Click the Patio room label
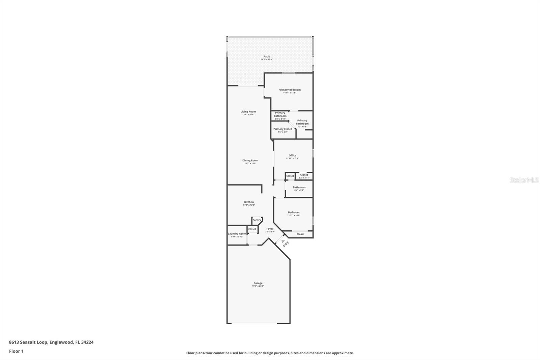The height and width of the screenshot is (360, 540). tap(267, 56)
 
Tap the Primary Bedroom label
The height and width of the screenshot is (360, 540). tap(290, 90)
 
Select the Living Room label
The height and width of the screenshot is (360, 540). tap(248, 111)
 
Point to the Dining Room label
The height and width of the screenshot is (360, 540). tap(250, 160)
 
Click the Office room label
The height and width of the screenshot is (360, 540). tap(292, 155)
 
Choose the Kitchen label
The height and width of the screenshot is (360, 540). tap(249, 202)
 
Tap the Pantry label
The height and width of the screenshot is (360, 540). tap(257, 220)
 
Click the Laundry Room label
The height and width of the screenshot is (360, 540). tap(237, 234)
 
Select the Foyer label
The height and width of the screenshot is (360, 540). tap(270, 229)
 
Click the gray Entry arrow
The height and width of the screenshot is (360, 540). tap(283, 241)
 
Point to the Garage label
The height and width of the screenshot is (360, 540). tap(258, 283)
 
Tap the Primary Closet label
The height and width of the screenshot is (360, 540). tap(282, 129)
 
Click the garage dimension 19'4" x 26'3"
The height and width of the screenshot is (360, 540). tap(258, 286)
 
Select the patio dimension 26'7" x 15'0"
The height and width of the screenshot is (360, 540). tap(267, 59)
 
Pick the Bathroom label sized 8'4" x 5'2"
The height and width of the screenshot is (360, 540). tap(299, 187)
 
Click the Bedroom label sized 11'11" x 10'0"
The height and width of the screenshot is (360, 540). tap(294, 212)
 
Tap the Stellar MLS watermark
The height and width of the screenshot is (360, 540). tap(524, 180)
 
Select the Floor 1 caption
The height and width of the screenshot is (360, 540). tap(16, 351)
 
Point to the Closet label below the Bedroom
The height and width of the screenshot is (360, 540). tap(300, 234)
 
